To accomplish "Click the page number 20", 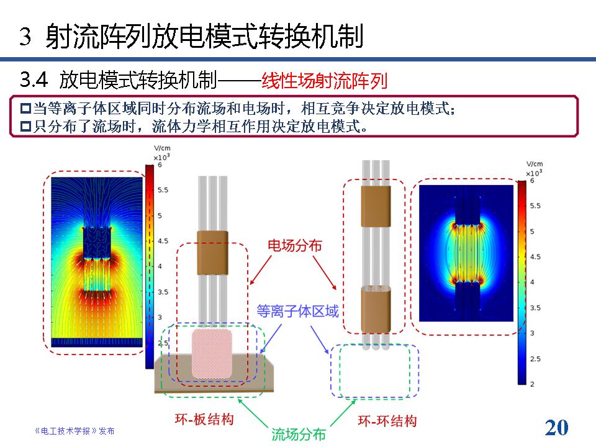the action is point(556,428).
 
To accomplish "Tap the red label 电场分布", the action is point(295,246).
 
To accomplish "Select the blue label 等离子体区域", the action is point(297,311).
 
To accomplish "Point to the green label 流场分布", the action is point(299,434).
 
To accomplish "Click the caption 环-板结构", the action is point(204,419).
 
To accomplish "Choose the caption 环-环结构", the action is point(387,421).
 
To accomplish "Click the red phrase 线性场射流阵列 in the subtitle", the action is point(324,81).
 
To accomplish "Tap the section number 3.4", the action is point(34,80).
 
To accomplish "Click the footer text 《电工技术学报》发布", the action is point(74,431).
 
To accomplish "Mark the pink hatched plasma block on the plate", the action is point(212,354).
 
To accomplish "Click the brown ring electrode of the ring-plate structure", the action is point(212,253).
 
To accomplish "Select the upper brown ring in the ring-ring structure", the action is point(376,206).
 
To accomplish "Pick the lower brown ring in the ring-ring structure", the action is point(376,309).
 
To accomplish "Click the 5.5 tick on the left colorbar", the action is point(163,190).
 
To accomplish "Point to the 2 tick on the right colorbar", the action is point(532,384).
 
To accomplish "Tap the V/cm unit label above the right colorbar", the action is point(535,164).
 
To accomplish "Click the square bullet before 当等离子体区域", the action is point(25,108).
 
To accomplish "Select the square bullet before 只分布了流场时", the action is point(25,126).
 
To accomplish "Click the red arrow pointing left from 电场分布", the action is point(261,270).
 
